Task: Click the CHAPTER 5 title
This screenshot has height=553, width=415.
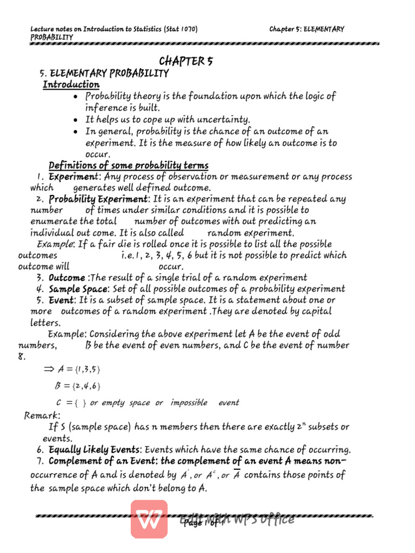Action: pos(185,61)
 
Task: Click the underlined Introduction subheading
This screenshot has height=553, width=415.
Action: pos(71,85)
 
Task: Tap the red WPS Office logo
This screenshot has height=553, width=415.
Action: pos(149,519)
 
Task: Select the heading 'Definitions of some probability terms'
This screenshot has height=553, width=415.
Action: pos(129,165)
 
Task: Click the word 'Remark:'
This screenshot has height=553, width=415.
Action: pos(43,415)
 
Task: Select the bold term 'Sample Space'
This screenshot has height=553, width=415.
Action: pos(79,289)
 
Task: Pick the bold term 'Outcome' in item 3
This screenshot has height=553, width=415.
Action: pos(67,278)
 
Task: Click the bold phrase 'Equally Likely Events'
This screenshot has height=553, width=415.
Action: pos(95,449)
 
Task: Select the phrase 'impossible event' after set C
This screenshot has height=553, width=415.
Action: pos(205,403)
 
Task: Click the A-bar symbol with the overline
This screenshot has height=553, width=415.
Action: pos(236,475)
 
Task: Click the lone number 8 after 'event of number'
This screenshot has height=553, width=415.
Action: pos(21,356)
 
